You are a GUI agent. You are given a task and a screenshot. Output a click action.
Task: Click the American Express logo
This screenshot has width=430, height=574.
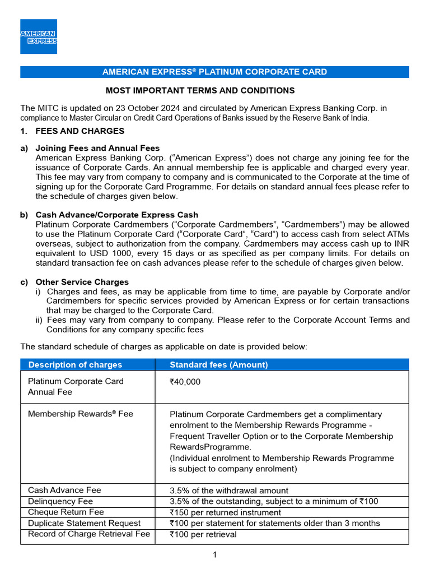click(39, 36)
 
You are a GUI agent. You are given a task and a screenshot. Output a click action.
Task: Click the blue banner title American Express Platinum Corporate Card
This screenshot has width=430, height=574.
click(214, 72)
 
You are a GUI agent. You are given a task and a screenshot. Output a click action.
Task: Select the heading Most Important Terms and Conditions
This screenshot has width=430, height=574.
click(200, 90)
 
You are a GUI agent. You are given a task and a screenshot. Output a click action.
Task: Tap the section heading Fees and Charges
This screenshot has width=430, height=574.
click(80, 131)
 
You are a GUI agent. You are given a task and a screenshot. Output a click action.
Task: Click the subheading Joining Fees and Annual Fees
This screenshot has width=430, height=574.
click(97, 148)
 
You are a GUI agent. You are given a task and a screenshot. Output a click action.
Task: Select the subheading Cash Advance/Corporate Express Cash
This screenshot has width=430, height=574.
click(116, 215)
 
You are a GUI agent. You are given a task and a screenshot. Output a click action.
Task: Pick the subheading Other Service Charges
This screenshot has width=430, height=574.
click(82, 282)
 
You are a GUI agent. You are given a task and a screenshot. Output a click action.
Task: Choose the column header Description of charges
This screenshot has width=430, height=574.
click(75, 365)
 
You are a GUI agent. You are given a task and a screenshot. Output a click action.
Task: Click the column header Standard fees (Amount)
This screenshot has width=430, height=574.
click(219, 365)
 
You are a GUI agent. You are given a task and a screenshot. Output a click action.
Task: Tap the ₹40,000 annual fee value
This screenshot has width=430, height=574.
click(185, 382)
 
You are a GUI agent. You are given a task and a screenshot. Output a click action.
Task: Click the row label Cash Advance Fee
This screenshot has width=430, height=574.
click(64, 490)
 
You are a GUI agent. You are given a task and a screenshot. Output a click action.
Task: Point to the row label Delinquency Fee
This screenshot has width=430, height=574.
click(60, 501)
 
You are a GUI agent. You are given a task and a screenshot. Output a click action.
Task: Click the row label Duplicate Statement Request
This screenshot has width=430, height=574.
click(84, 523)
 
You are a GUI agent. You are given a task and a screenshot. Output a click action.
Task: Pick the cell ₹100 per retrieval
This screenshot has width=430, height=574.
click(203, 534)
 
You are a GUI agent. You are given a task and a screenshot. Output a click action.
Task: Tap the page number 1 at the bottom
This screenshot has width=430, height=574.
click(214, 555)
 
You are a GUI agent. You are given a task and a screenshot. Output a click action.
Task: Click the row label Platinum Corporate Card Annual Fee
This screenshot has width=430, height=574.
click(76, 387)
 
